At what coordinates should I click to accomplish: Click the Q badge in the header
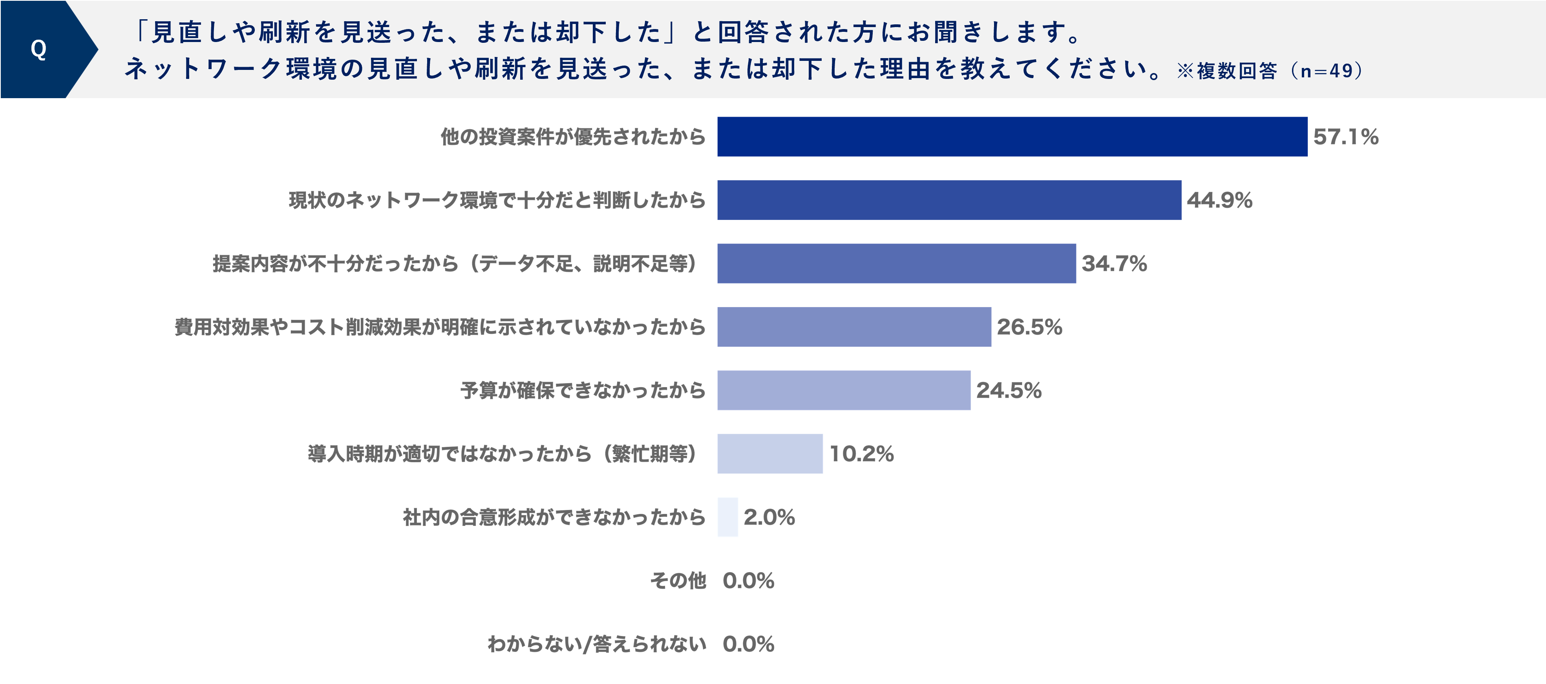pos(38,49)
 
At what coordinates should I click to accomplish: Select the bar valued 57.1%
pos(1012,137)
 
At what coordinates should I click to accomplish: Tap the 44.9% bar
pos(949,200)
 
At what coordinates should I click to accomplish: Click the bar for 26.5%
pos(854,327)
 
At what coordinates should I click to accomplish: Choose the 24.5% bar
pos(843,390)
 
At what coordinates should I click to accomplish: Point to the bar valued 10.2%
pos(769,454)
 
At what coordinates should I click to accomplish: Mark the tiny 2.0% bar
pos(727,517)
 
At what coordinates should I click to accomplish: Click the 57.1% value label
pos(1345,137)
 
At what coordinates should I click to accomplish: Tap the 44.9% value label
pos(1219,200)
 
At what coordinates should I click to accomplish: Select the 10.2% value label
pos(861,454)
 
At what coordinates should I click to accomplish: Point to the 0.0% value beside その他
pos(748,580)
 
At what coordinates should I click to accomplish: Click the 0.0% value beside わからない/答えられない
pos(748,644)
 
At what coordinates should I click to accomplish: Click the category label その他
pos(678,580)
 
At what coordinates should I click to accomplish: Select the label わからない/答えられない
pos(597,644)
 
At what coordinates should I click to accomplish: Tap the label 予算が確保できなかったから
pos(583,390)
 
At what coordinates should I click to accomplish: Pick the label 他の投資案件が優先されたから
pos(573,137)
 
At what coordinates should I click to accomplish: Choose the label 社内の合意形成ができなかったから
pos(554,517)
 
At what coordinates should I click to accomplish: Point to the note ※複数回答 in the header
pos(1227,71)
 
